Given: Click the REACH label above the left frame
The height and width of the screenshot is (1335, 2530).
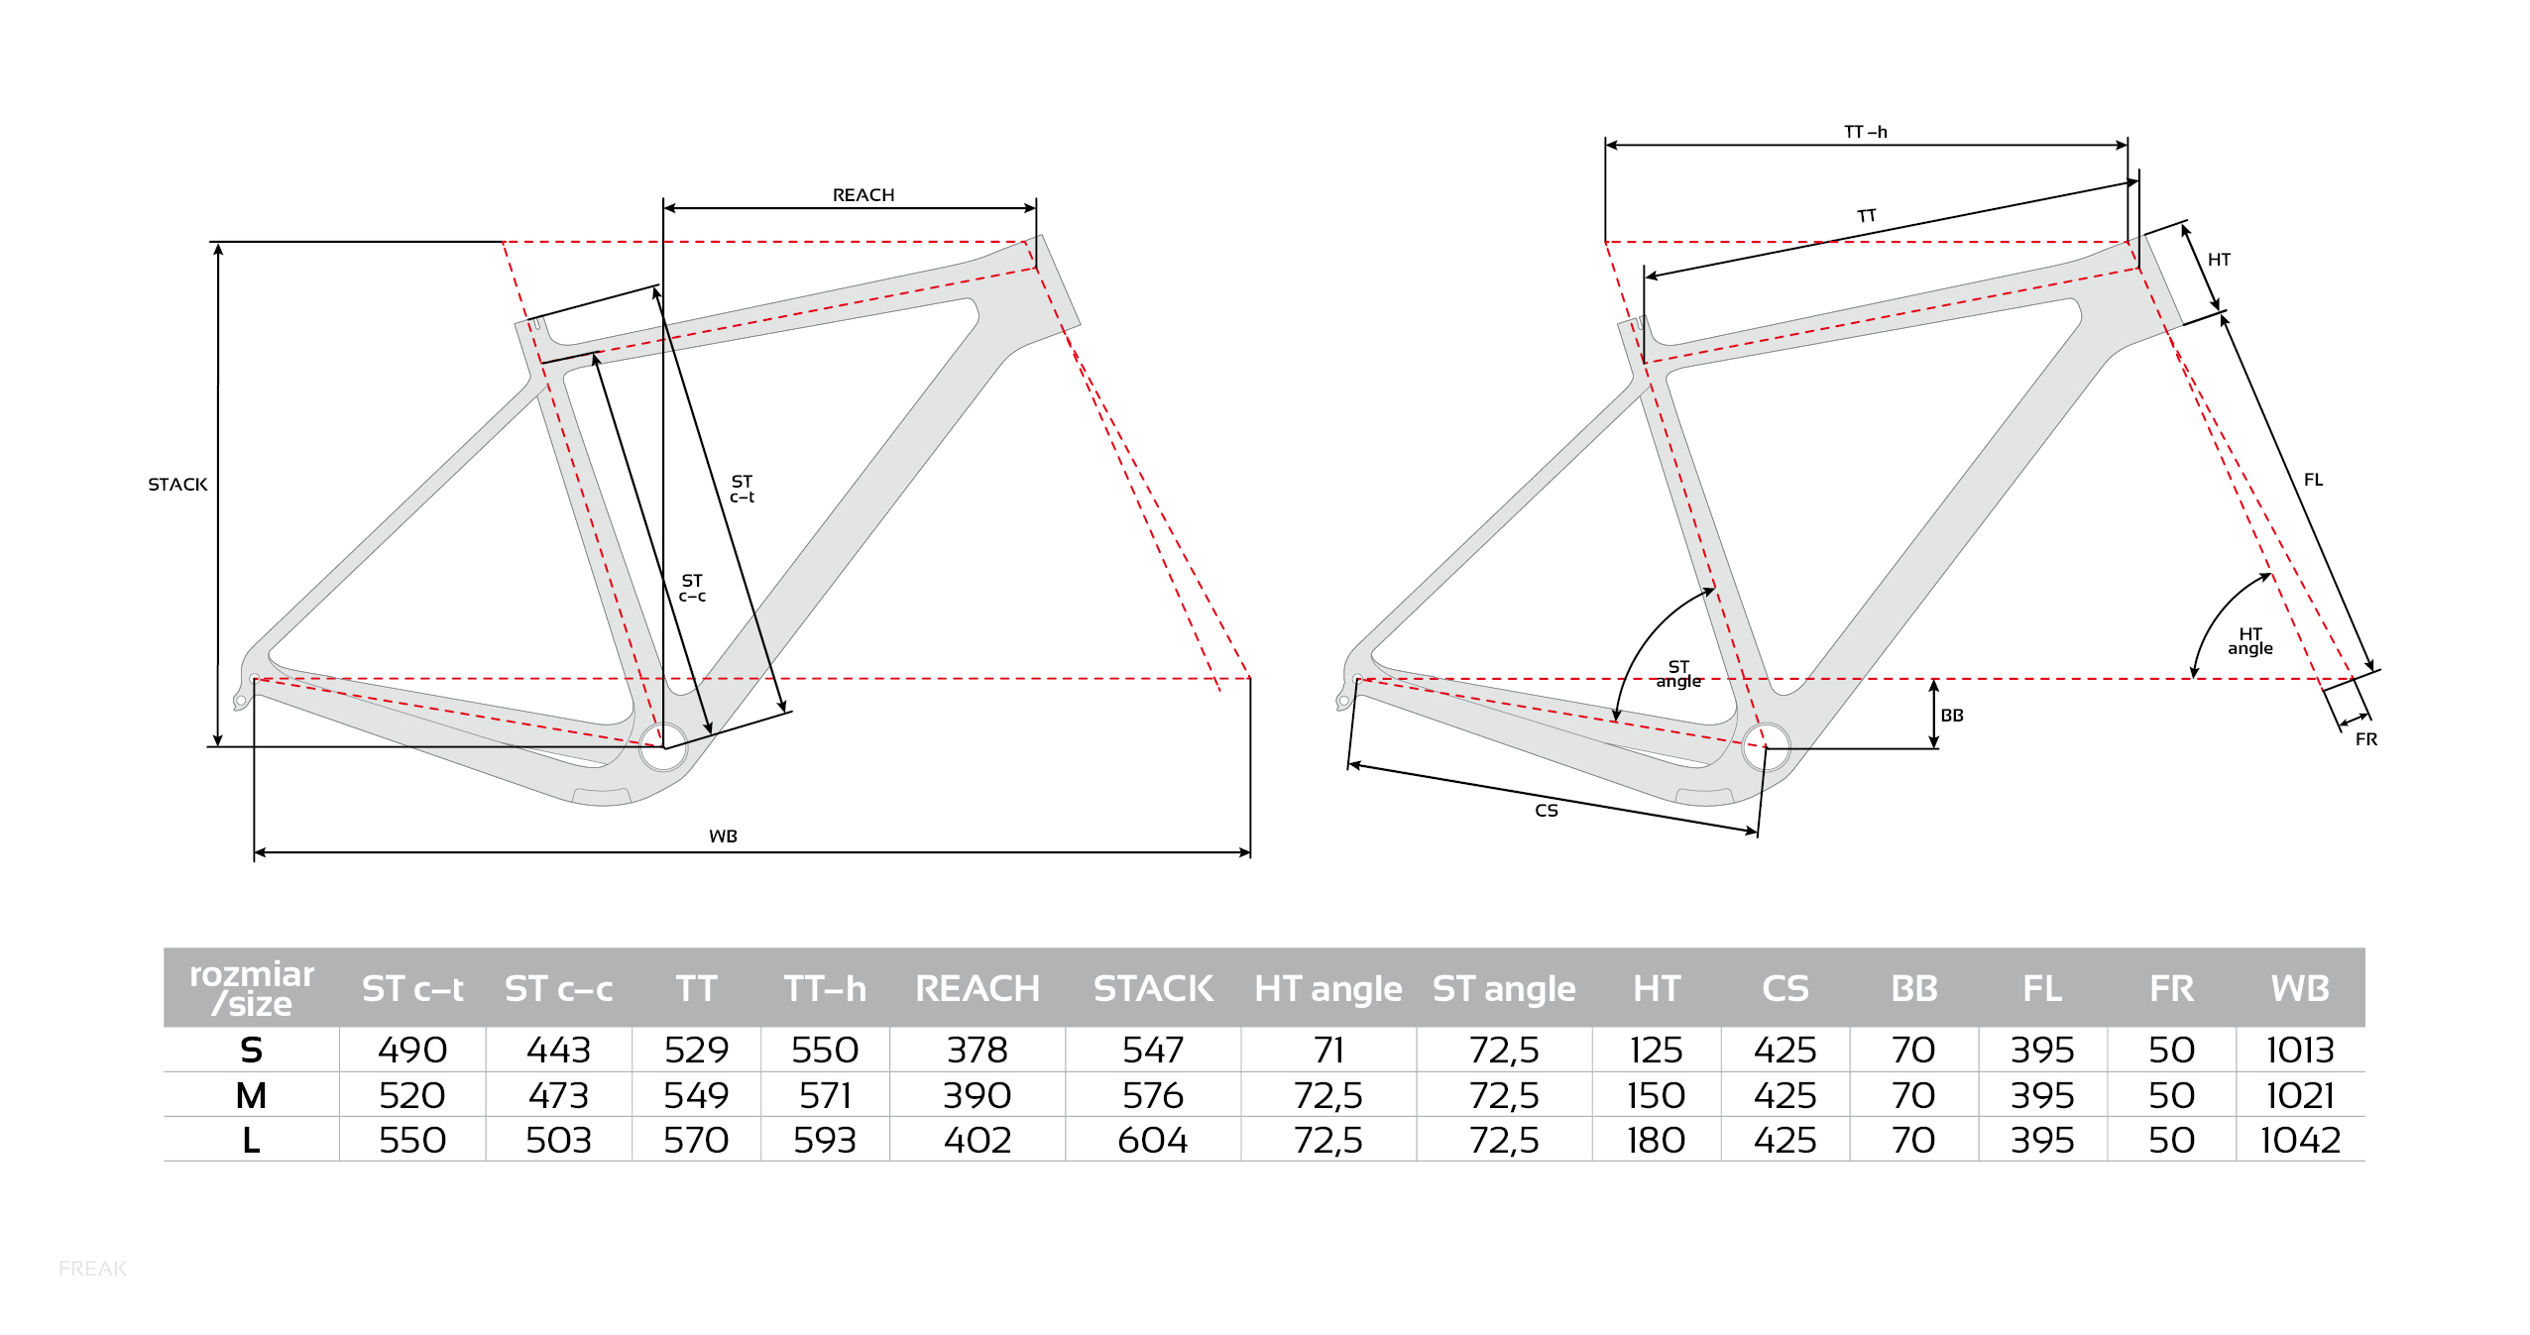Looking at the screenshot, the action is pyautogui.click(x=862, y=195).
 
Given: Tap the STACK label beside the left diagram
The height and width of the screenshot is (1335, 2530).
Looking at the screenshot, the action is pyautogui.click(x=177, y=485).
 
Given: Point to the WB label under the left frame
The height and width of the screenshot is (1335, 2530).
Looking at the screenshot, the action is pyautogui.click(x=723, y=836).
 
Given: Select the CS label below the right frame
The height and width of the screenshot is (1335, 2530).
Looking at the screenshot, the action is pyautogui.click(x=1546, y=811).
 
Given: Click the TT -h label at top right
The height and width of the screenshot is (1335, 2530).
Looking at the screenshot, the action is pyautogui.click(x=1865, y=132).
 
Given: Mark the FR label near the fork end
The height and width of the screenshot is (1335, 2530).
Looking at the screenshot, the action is pyautogui.click(x=2365, y=739).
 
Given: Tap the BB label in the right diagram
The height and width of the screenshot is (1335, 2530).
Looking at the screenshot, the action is pyautogui.click(x=1951, y=716).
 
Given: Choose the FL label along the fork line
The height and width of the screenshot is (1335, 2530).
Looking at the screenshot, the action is pyautogui.click(x=2313, y=480).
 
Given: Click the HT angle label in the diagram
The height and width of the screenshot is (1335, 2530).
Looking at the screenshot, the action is pyautogui.click(x=2249, y=641).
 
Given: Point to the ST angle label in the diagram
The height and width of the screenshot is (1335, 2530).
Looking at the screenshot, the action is pyautogui.click(x=1677, y=674).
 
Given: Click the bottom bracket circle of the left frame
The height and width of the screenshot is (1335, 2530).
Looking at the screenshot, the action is pyautogui.click(x=663, y=747).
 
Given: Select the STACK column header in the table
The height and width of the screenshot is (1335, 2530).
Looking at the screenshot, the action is pyautogui.click(x=1152, y=988).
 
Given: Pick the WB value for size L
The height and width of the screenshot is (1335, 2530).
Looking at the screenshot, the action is pyautogui.click(x=2299, y=1140).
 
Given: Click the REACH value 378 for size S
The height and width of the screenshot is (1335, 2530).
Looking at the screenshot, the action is pyautogui.click(x=977, y=1050).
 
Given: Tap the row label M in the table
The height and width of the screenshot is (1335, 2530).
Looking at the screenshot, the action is pyautogui.click(x=251, y=1095).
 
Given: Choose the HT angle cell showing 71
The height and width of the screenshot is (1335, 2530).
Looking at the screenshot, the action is pyautogui.click(x=1327, y=1050).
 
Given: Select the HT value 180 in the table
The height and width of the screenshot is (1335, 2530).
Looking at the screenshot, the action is pyautogui.click(x=1655, y=1140).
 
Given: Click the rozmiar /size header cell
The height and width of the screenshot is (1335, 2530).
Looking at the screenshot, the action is pyautogui.click(x=252, y=988).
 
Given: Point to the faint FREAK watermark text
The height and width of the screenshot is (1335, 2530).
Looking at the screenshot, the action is pyautogui.click(x=92, y=1269).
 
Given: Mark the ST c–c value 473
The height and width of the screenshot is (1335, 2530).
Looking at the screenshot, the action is pyautogui.click(x=558, y=1095).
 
